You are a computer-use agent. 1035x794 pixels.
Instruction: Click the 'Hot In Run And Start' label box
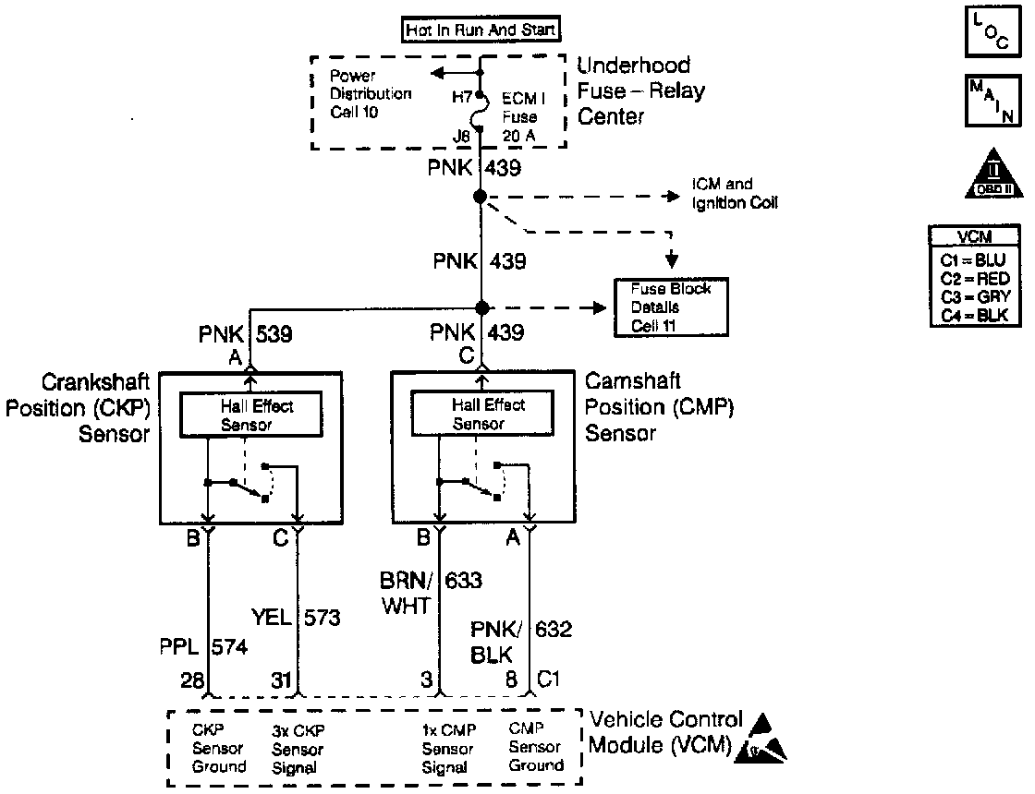[481, 30]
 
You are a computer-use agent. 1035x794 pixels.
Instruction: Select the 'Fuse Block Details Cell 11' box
[671, 306]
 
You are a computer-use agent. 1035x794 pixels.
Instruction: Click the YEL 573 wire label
[297, 616]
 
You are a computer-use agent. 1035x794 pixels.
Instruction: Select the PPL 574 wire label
[204, 647]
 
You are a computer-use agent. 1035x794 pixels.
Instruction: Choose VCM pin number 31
[281, 680]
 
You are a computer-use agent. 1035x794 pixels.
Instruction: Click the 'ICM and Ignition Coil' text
[735, 194]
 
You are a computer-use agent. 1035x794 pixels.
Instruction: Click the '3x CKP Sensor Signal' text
[298, 748]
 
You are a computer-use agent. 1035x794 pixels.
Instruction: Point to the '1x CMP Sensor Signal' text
[448, 748]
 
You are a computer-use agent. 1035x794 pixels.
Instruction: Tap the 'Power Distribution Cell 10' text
[370, 93]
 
